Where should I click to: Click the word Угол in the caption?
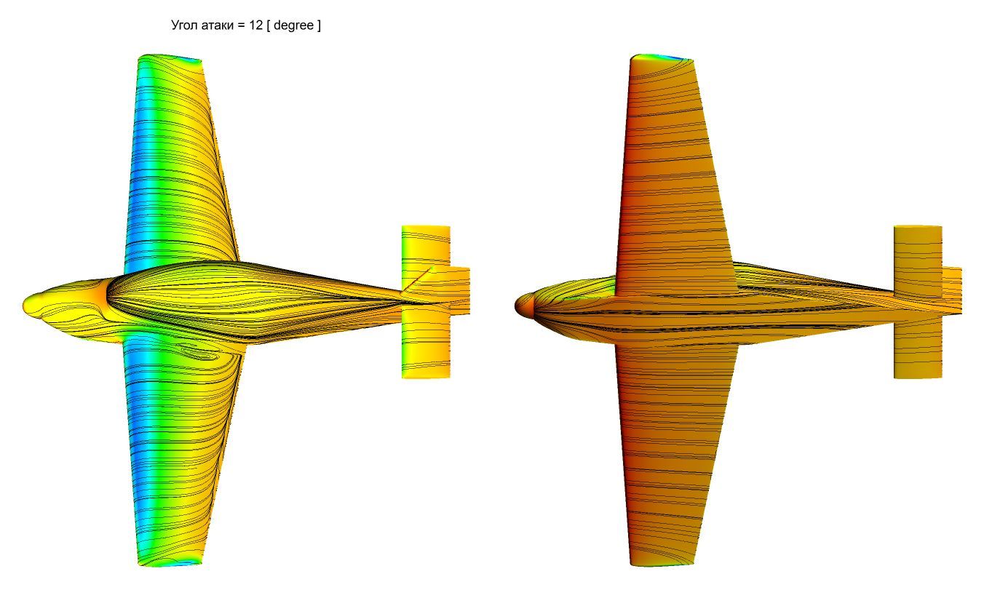pyautogui.click(x=185, y=25)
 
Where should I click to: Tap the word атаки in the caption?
pyautogui.click(x=218, y=25)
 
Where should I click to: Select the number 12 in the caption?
pyautogui.click(x=255, y=25)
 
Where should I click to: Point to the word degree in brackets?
pyautogui.click(x=293, y=26)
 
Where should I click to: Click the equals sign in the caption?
pyautogui.click(x=241, y=25)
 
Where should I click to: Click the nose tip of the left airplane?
pyautogui.click(x=24, y=304)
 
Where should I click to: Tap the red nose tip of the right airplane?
pyautogui.click(x=517, y=306)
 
